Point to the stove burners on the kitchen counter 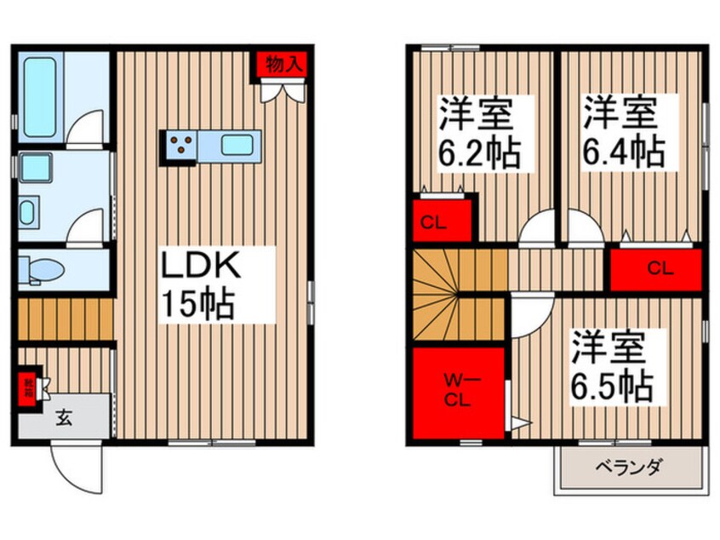[181, 146]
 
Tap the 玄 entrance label [64, 417]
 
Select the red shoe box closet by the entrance [28, 388]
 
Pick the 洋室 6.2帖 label [479, 134]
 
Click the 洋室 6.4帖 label [622, 134]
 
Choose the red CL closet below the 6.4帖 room [656, 268]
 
